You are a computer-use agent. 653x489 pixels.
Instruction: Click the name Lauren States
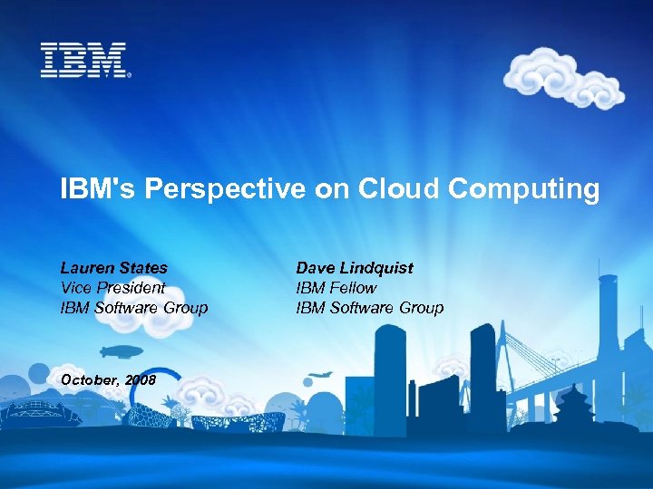[113, 268]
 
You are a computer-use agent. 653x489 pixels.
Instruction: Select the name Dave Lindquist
[354, 268]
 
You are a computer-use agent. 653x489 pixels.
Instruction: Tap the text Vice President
[112, 288]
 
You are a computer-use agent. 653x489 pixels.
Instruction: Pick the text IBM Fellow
[336, 288]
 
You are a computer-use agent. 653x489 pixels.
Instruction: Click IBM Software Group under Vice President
[134, 308]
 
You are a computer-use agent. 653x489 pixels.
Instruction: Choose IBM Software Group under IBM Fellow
[370, 308]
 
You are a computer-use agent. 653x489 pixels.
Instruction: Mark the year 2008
[141, 379]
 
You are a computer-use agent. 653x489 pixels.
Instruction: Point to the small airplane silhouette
[319, 375]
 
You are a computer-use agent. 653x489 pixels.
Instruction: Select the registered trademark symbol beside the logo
[130, 75]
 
